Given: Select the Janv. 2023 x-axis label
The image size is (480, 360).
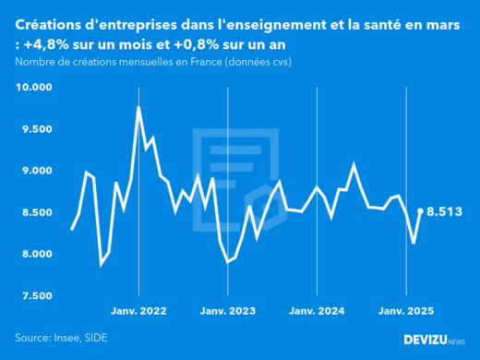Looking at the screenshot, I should point(228,312).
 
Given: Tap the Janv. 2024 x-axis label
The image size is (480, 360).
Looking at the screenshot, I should point(317,312).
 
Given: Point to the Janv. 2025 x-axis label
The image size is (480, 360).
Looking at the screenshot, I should point(406,312).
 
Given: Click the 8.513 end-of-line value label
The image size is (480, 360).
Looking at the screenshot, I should point(445,211).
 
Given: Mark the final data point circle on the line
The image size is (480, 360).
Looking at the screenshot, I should point(421,211).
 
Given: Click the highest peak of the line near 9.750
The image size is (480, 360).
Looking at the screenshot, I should point(138,108).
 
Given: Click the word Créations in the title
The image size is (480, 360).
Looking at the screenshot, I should point(52,21).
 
